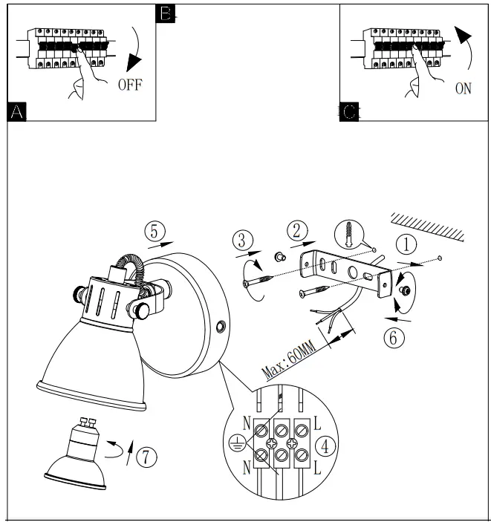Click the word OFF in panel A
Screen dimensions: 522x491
coord(129,83)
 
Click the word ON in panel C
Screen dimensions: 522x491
coord(463,89)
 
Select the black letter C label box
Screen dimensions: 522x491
coord(350,112)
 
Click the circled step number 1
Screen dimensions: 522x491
coord(406,244)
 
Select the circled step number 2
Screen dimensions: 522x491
coord(296,231)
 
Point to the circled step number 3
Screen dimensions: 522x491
coord(242,241)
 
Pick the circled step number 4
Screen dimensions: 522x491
coord(324,446)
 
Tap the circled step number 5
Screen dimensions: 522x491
coord(154,231)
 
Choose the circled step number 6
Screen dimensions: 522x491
coord(394,337)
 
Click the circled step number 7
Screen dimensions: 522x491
coord(146,457)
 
